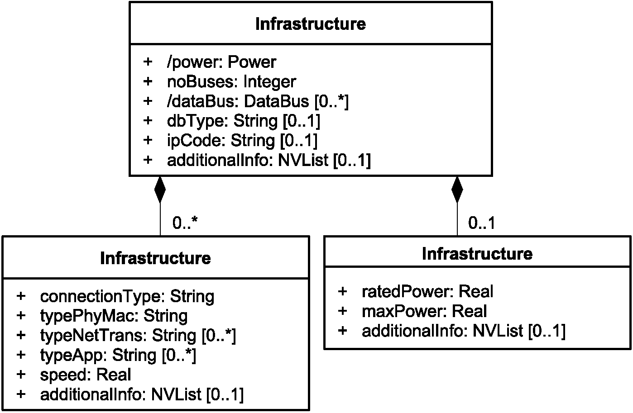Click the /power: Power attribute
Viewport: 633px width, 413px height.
221,62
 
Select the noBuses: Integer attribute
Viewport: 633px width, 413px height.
231,82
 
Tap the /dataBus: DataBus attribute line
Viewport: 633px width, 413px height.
258,102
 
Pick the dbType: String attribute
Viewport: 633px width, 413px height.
243,121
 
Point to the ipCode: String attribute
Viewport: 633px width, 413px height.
242,141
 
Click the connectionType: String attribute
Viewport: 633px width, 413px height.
127,297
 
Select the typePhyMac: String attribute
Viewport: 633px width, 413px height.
114,316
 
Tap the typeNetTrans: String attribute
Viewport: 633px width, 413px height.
138,336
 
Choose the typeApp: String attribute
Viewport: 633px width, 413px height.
118,356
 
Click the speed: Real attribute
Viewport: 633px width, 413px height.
85,375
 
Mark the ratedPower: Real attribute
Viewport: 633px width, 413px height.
427,291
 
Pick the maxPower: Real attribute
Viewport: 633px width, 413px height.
424,311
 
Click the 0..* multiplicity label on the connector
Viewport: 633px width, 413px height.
185,223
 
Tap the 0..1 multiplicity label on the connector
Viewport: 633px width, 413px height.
481,223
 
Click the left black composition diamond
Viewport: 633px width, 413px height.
160,190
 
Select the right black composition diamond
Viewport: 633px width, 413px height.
457,190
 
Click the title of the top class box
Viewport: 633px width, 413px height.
311,24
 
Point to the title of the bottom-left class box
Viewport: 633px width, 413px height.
155,258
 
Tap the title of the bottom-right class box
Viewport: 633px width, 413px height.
477,253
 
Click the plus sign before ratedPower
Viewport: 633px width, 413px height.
342,291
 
